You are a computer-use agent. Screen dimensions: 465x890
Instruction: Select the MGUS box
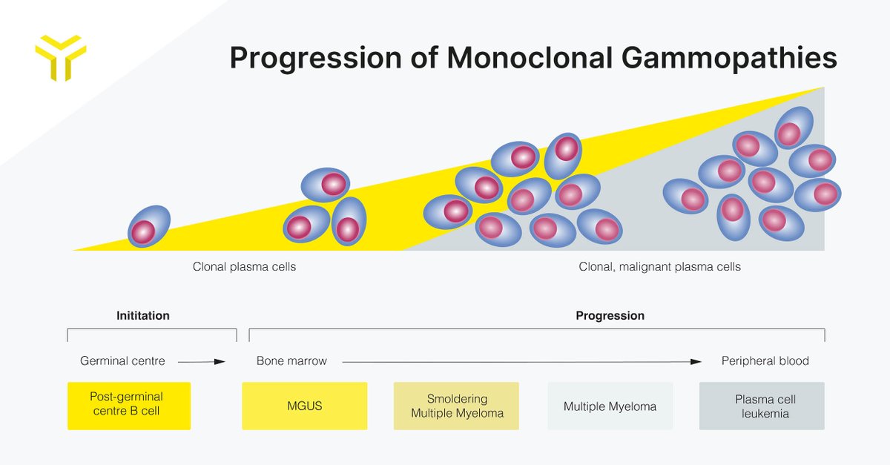pos(304,406)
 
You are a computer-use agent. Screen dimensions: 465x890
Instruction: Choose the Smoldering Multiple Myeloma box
pos(456,406)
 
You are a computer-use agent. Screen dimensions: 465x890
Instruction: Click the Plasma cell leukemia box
pos(761,406)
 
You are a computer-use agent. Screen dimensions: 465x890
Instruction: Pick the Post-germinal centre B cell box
pos(129,406)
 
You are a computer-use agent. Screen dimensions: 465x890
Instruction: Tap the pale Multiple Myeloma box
pos(610,406)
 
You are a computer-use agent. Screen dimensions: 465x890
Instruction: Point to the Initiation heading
pos(143,315)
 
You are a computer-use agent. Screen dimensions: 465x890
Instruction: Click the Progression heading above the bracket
pos(610,315)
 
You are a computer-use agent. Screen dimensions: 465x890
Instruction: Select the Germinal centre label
pos(122,361)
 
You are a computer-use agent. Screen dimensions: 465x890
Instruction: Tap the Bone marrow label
pos(291,361)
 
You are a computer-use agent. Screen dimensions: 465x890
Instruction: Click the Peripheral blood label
pos(765,361)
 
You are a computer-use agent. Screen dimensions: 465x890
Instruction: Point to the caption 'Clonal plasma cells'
pos(244,266)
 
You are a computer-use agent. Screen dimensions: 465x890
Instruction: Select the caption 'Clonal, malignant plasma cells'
pos(659,266)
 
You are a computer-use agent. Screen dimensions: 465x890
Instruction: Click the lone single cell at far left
pos(149,226)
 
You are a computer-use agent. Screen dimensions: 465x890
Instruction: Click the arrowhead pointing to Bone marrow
pos(220,362)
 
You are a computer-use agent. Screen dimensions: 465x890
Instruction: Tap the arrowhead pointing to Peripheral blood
pos(696,362)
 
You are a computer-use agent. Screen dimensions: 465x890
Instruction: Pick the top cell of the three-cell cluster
pos(326,185)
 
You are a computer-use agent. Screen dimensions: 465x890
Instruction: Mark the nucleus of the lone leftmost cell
pos(143,232)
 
